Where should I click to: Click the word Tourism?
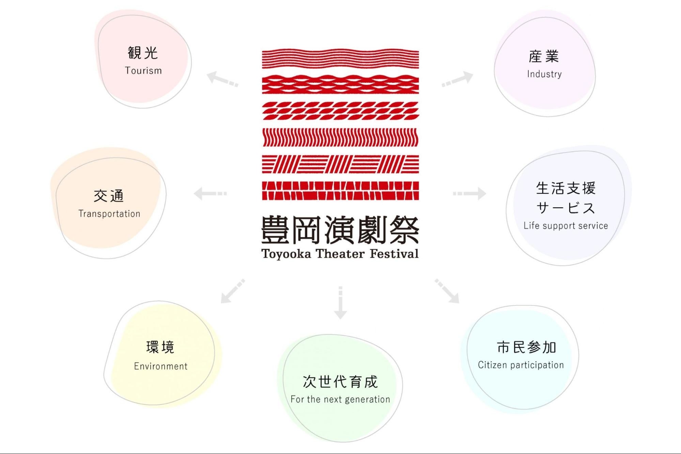click(143, 71)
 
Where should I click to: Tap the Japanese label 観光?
click(143, 53)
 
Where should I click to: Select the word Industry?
click(544, 74)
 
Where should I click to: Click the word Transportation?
click(109, 214)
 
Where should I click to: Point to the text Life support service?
click(566, 226)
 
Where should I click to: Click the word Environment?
click(160, 366)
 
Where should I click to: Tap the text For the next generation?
click(340, 399)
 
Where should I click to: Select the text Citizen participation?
click(521, 365)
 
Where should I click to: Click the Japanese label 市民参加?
click(526, 347)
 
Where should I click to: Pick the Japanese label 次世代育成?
click(340, 382)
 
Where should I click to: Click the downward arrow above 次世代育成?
click(340, 303)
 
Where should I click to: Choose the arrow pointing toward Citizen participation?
click(447, 291)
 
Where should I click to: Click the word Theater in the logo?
click(340, 254)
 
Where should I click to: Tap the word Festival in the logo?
click(394, 254)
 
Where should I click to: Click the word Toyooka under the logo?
click(286, 254)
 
